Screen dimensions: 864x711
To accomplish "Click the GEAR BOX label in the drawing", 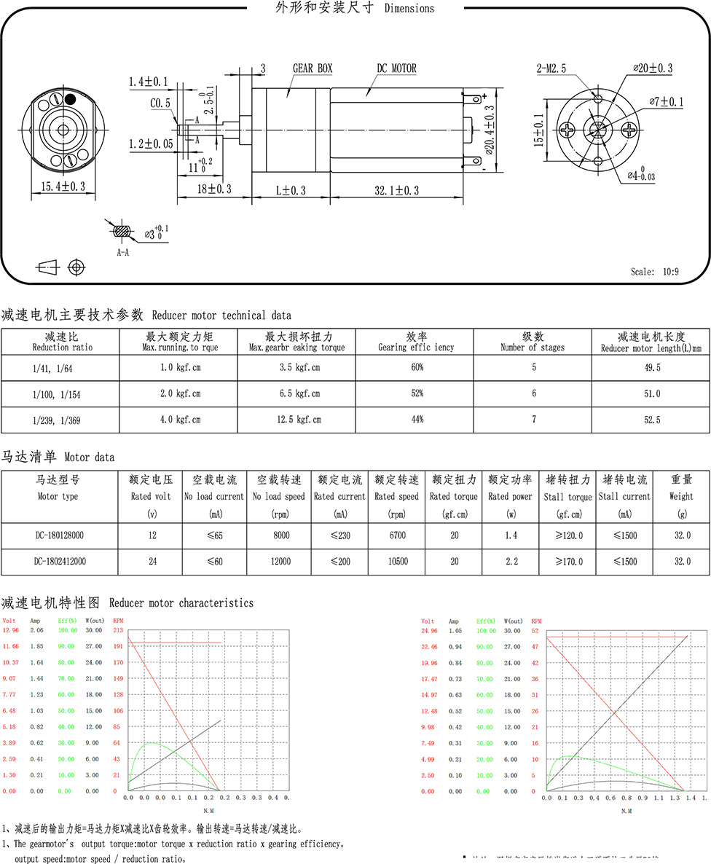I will coord(313,68).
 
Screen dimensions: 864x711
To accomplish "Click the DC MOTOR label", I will coord(396,68).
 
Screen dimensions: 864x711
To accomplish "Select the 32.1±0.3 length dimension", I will coord(397,190).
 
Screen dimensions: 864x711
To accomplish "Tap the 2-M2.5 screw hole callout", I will coord(551,68).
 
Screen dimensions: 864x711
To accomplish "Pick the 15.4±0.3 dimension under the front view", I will coord(63,186).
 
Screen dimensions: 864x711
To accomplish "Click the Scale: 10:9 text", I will coord(654,272).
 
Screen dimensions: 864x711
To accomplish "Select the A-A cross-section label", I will coord(123,252).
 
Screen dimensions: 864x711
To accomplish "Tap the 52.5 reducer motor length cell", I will coord(649,420).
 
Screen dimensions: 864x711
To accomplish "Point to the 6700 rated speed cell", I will coord(396,535).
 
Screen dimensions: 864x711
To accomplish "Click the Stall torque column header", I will coord(567,497).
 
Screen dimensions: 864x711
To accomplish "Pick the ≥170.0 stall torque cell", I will coord(567,562).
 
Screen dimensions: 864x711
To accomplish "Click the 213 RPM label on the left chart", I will coord(117,630).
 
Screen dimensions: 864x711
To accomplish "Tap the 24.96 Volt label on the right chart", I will coord(432,630).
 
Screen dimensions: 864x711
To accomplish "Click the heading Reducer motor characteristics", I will coord(181,603).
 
